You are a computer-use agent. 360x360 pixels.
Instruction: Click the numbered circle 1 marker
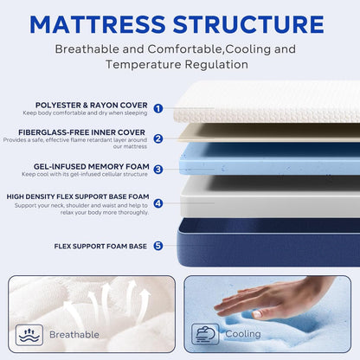(157, 108)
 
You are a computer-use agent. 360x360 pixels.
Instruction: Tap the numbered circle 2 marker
(157, 138)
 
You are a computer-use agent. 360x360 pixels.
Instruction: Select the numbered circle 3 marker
(157, 170)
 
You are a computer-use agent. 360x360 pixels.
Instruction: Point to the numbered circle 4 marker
(157, 204)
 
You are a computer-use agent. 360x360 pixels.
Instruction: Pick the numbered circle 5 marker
(157, 246)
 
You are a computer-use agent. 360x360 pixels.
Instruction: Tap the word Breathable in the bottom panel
(74, 334)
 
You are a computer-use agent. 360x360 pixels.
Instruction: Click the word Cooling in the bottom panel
(243, 334)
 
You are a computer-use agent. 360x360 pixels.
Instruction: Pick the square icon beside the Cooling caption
(207, 334)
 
